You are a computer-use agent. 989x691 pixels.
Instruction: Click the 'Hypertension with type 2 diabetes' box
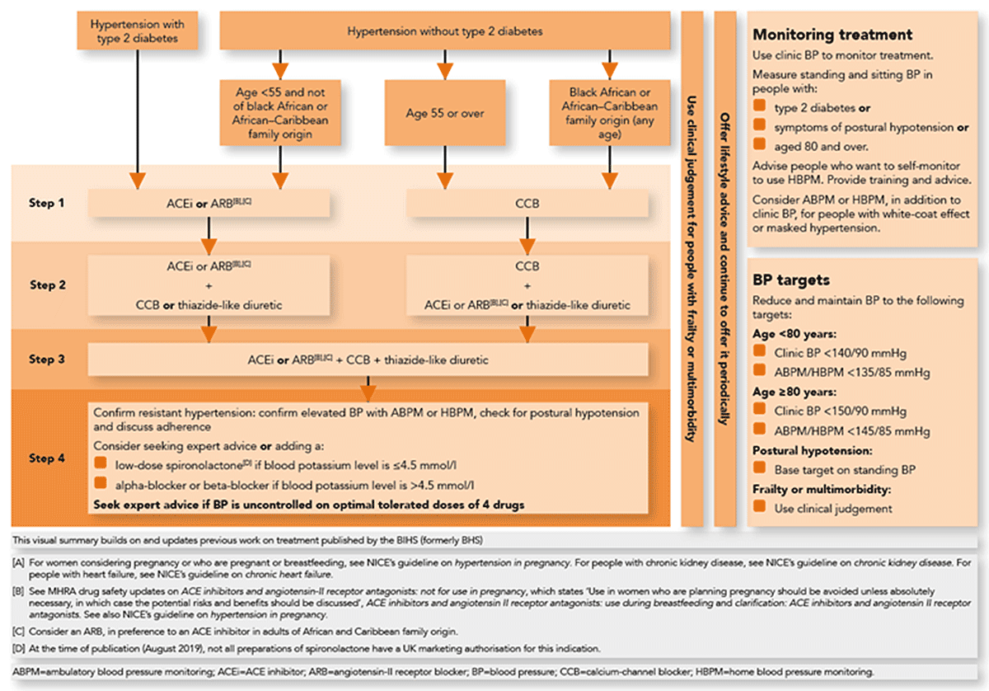(134, 31)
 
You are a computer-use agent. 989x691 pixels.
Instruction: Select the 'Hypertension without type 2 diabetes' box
(445, 32)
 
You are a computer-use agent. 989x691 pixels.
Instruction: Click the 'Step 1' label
(49, 203)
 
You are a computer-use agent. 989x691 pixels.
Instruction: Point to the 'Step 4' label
(49, 458)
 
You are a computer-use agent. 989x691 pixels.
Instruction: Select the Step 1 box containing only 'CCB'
(527, 203)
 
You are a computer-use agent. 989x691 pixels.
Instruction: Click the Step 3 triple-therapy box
(368, 360)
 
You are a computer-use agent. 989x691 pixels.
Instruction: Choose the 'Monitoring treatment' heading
(832, 35)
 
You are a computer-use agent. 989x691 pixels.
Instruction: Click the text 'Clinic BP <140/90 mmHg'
(840, 354)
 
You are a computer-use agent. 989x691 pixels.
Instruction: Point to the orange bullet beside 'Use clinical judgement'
(759, 509)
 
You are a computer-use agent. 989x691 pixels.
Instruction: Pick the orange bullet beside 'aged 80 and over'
(759, 146)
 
